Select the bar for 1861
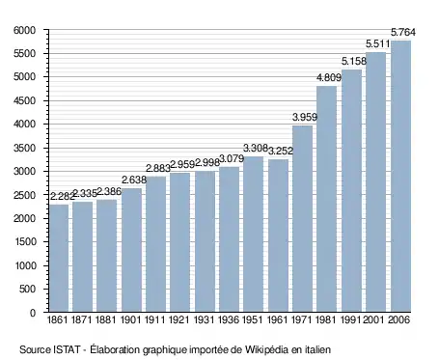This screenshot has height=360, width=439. point(59,258)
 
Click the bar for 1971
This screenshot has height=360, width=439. point(302,218)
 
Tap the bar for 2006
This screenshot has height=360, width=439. point(400,176)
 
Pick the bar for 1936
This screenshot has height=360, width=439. point(229,239)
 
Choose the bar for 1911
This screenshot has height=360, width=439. point(156,244)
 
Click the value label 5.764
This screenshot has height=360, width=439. point(403,32)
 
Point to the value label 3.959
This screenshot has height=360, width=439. point(305,117)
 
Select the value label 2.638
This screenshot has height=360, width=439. point(134,180)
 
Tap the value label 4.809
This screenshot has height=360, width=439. point(329,78)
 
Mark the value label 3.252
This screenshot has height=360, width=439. point(281,151)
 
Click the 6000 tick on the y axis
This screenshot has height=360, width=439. point(24,30)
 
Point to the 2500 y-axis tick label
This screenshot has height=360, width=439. point(24,195)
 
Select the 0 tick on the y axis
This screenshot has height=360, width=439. point(33,313)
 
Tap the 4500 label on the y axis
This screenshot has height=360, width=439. point(24,100)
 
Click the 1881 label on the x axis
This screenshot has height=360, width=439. point(106,319)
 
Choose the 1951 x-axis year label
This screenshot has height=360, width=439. point(253,319)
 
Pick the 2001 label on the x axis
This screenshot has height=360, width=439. point(374,319)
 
